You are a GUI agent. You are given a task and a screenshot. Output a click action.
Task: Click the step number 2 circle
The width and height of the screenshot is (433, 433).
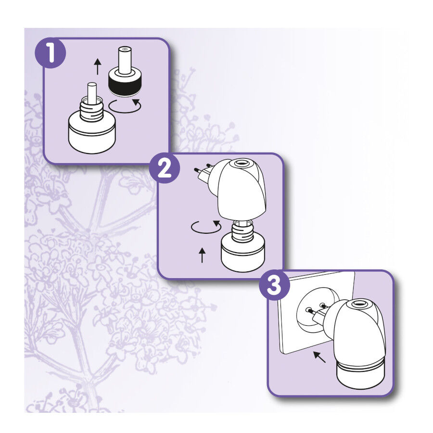click(x=165, y=169)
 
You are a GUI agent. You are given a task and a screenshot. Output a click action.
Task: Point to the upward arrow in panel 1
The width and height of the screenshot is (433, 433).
click(x=98, y=66)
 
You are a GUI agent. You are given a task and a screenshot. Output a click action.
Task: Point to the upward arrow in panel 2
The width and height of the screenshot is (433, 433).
click(x=202, y=255)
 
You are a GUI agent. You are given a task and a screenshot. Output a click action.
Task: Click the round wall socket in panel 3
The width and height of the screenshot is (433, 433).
click(x=313, y=310)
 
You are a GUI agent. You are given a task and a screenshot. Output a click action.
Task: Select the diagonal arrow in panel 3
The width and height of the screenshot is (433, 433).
click(x=318, y=357)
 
